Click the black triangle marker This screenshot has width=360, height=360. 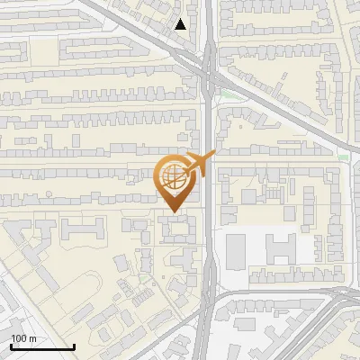tap(182, 24)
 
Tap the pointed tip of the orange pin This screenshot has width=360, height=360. tap(173, 212)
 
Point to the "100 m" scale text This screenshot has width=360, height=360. tap(24, 337)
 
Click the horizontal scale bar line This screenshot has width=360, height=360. tap(41, 346)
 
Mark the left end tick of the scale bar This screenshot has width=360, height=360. tap(10, 345)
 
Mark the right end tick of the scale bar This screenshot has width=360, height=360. tap(73, 345)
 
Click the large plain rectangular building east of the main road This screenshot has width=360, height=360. tap(237, 251)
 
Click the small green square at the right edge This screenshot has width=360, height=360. tap(343, 158)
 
